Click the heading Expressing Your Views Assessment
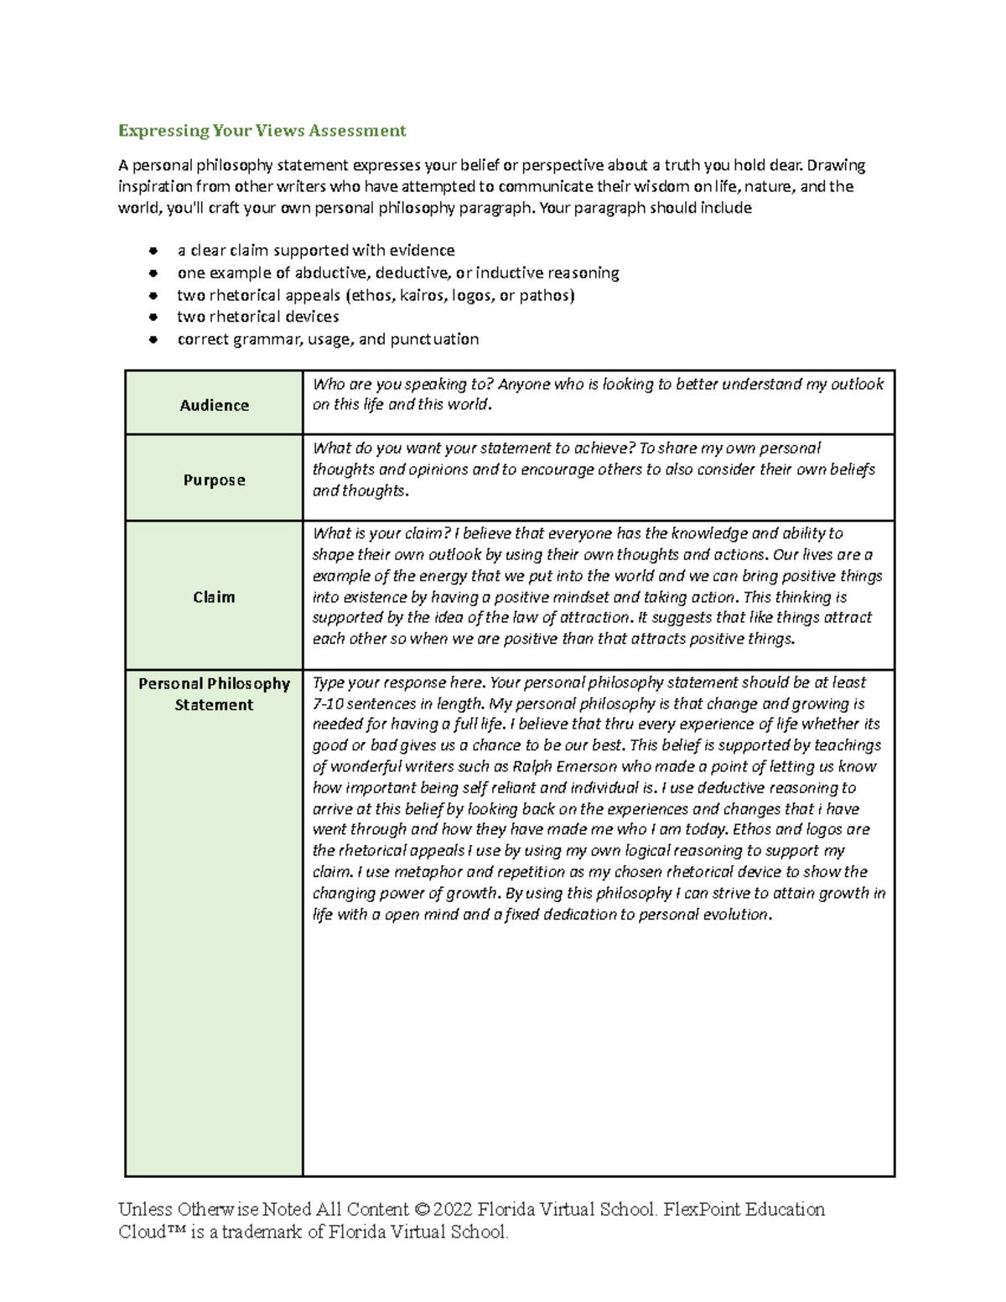tap(262, 131)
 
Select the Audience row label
tap(214, 406)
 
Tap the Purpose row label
tap(214, 480)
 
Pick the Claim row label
tap(214, 597)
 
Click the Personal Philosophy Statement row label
tap(214, 694)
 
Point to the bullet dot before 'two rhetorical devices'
tap(153, 318)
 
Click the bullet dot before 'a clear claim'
tap(153, 251)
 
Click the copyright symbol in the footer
tap(422, 1210)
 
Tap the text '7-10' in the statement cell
tap(327, 704)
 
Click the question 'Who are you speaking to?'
tap(402, 384)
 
